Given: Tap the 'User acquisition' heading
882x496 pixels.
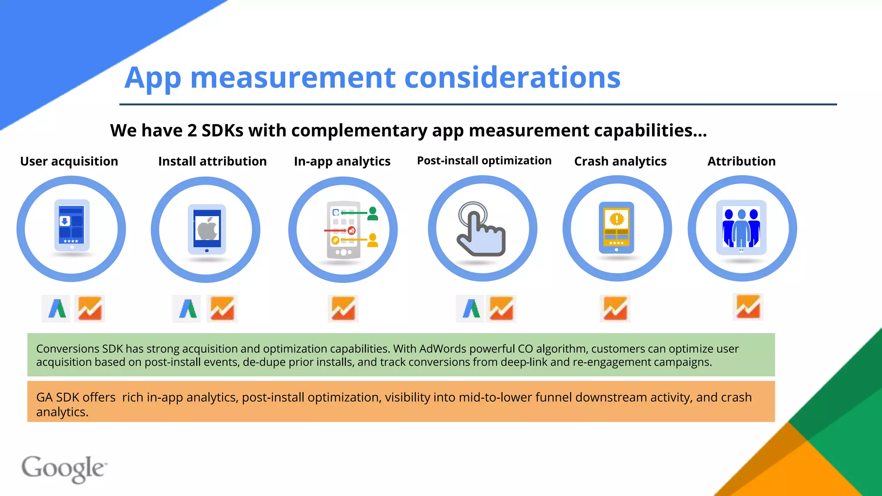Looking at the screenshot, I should pyautogui.click(x=69, y=161).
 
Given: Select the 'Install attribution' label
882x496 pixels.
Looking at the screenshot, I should pyautogui.click(x=212, y=161).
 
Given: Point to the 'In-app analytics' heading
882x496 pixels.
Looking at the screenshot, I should pyautogui.click(x=342, y=161).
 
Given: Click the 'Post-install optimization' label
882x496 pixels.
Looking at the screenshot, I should pyautogui.click(x=484, y=161).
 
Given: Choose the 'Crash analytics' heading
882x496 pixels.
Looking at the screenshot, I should pyautogui.click(x=620, y=161).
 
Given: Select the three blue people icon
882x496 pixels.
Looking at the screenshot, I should pyautogui.click(x=741, y=227).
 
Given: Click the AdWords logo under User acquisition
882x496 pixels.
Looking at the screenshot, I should pyautogui.click(x=56, y=308).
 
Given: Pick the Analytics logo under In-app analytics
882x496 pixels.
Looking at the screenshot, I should pyautogui.click(x=343, y=308).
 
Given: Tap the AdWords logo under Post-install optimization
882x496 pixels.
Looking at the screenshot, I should pyautogui.click(x=471, y=308).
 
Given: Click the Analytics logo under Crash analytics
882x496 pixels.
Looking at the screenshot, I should pyautogui.click(x=615, y=308).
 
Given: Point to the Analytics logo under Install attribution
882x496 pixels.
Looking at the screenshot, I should pyautogui.click(x=222, y=308).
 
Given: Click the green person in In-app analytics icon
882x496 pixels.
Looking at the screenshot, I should pyautogui.click(x=373, y=214).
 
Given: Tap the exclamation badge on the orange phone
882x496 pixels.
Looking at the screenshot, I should pyautogui.click(x=617, y=219).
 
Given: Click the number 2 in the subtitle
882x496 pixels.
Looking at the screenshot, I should pyautogui.click(x=192, y=130).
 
